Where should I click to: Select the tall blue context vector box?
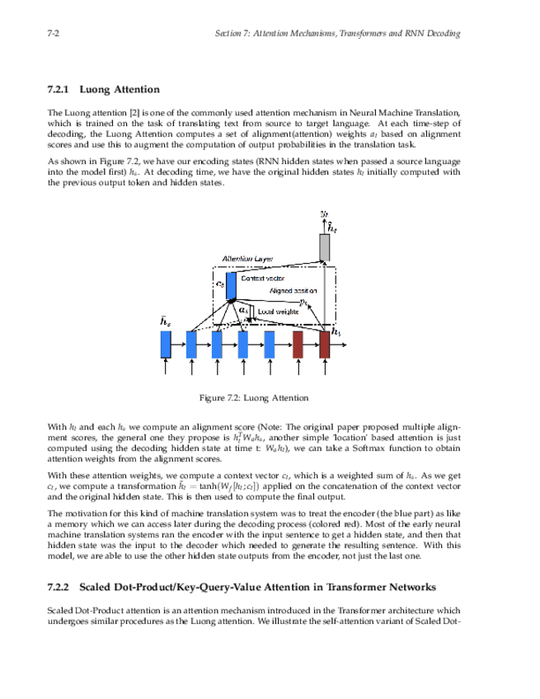coord(231,286)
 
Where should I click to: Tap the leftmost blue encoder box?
coord(166,344)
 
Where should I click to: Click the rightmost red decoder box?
coord(324,344)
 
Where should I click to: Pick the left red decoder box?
coord(298,344)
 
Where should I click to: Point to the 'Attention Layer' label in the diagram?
coord(247,260)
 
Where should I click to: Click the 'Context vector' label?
coord(262,279)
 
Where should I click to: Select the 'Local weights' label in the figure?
coord(279,311)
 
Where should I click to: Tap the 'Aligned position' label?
coord(293,292)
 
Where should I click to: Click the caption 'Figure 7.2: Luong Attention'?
coord(255,398)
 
